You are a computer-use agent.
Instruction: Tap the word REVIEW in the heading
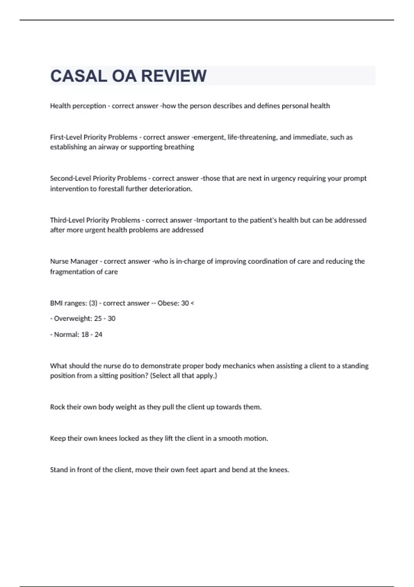pos(174,76)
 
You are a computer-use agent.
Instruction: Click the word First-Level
pos(66,137)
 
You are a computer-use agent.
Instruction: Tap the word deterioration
pos(170,189)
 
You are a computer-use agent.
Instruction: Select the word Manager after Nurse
pos(84,261)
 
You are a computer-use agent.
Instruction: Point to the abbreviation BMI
pos(56,303)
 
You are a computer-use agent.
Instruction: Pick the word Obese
pos(167,303)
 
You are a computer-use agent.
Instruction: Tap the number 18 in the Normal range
pos(85,335)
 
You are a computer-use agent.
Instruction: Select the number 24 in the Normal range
pos(98,335)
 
